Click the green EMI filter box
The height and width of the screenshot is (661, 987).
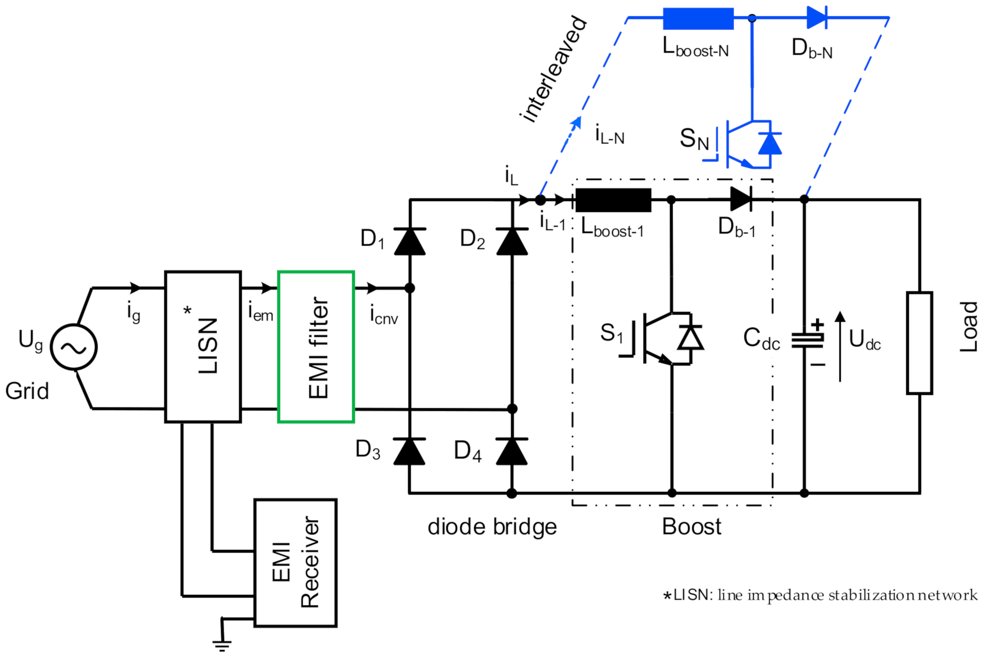coord(315,347)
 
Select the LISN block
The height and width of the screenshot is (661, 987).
coord(203,347)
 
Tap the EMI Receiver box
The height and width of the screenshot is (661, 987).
coord(295,563)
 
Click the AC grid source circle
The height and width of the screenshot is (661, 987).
coord(74,347)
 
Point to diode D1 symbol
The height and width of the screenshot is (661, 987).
coord(409,242)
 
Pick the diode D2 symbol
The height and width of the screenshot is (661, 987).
coord(512,242)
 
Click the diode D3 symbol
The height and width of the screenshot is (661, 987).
coord(409,451)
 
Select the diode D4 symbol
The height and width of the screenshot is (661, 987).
coord(512,451)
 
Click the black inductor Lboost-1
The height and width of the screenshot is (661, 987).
coord(613,200)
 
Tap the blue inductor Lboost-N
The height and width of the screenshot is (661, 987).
coord(698,18)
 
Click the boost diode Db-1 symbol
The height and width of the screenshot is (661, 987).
coord(741,199)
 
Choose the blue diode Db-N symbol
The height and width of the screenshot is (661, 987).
coord(817,18)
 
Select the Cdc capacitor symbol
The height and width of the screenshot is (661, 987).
coord(807,339)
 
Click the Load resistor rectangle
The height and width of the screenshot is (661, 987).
coord(919,343)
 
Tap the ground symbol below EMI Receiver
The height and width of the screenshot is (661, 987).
coord(222,645)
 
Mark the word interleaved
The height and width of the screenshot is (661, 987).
coord(553,69)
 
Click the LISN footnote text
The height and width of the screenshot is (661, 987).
coord(820,595)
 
